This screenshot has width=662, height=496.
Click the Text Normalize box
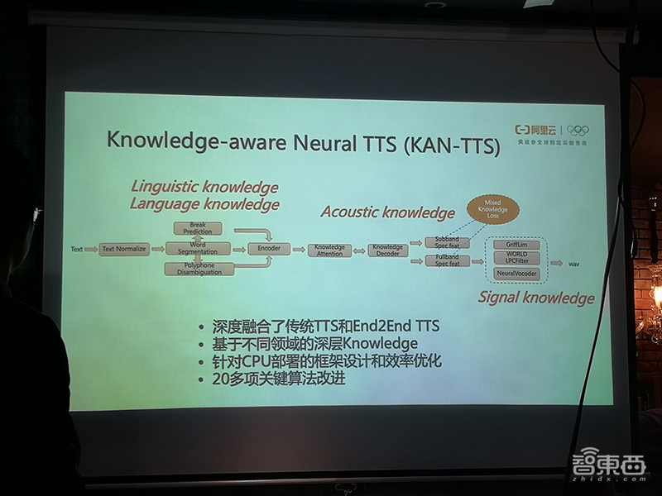[x=125, y=249]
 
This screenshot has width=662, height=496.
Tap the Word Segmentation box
[x=197, y=249]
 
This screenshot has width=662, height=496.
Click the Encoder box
[x=269, y=248]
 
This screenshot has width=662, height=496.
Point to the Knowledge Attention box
[x=329, y=249]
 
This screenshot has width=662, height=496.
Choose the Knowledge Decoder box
[x=387, y=249]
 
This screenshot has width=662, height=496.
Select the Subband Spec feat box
[x=447, y=241]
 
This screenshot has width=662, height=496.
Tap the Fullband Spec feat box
[x=447, y=260]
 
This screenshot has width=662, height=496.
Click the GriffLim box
[x=516, y=246]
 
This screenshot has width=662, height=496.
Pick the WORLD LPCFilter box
[x=516, y=258]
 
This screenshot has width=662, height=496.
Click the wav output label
[x=573, y=264]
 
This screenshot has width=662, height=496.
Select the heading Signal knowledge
[x=536, y=298]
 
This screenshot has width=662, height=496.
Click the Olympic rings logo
[x=577, y=130]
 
